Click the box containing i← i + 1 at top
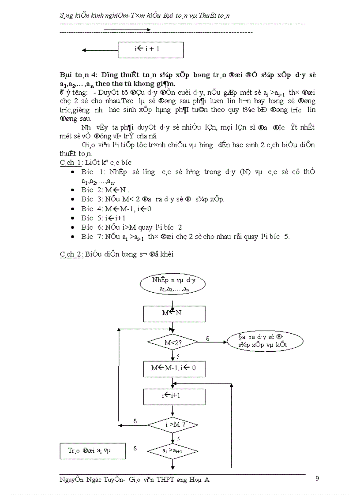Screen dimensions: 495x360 tap(150, 49)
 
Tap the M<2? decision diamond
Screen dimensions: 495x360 tap(173, 342)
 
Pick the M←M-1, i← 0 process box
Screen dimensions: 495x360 tap(174, 369)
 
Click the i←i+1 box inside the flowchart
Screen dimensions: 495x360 tap(174, 396)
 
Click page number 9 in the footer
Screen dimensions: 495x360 tap(317, 479)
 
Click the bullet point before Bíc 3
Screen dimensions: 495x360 tap(73, 199)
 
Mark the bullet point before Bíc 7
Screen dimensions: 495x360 tap(73, 237)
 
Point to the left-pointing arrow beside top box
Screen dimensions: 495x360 tap(100, 50)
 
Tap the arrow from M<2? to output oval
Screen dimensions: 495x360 tap(213, 342)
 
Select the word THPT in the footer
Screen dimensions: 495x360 tap(166, 480)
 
